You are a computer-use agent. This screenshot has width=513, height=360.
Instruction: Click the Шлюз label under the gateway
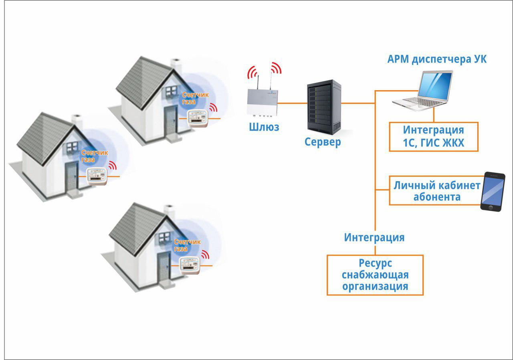(264, 127)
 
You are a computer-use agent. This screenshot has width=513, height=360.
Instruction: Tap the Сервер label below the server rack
(323, 142)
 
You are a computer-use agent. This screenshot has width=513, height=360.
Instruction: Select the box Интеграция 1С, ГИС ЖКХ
(434, 137)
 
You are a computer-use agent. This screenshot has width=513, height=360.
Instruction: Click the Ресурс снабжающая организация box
(375, 275)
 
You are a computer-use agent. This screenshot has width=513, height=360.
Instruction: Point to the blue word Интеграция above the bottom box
(374, 237)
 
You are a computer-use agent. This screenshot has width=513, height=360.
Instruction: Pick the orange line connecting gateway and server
(292, 103)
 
